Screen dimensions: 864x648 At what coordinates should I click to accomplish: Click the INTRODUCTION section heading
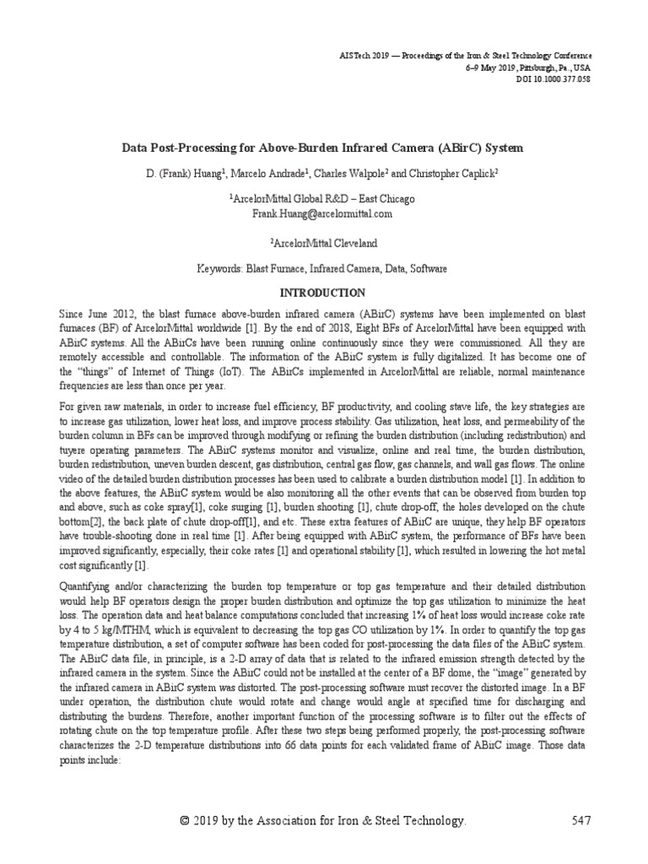click(x=323, y=293)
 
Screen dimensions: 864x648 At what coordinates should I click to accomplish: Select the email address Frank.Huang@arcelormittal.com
click(x=323, y=214)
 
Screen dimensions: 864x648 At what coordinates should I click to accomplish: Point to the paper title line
click(x=323, y=148)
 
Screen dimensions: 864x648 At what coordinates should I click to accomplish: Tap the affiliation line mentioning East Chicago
click(x=323, y=199)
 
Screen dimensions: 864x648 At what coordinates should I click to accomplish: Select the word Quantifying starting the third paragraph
click(x=87, y=586)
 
